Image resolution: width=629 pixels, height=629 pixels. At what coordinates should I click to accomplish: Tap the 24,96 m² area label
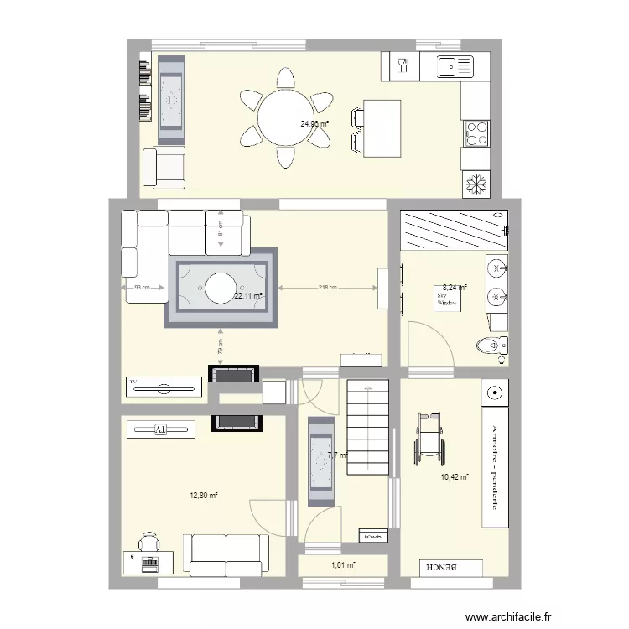tap(314, 124)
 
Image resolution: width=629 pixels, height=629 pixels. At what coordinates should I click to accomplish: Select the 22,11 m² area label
tap(248, 296)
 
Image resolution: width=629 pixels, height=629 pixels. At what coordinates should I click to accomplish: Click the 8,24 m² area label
tap(455, 287)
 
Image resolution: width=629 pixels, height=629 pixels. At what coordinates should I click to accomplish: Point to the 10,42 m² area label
tap(454, 477)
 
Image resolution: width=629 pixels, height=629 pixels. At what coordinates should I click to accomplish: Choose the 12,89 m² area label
tap(204, 496)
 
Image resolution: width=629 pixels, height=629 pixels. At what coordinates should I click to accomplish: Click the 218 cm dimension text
tap(328, 288)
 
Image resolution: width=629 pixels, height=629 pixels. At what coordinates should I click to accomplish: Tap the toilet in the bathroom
tap(490, 345)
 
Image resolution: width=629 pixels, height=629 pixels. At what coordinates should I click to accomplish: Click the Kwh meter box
tap(370, 537)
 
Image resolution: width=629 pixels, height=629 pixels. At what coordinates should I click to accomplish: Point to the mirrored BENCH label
tap(444, 567)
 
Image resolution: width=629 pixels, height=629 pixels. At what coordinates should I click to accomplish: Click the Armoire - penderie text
tap(496, 465)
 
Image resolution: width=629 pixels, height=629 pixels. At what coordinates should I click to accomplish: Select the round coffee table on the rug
tap(221, 287)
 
